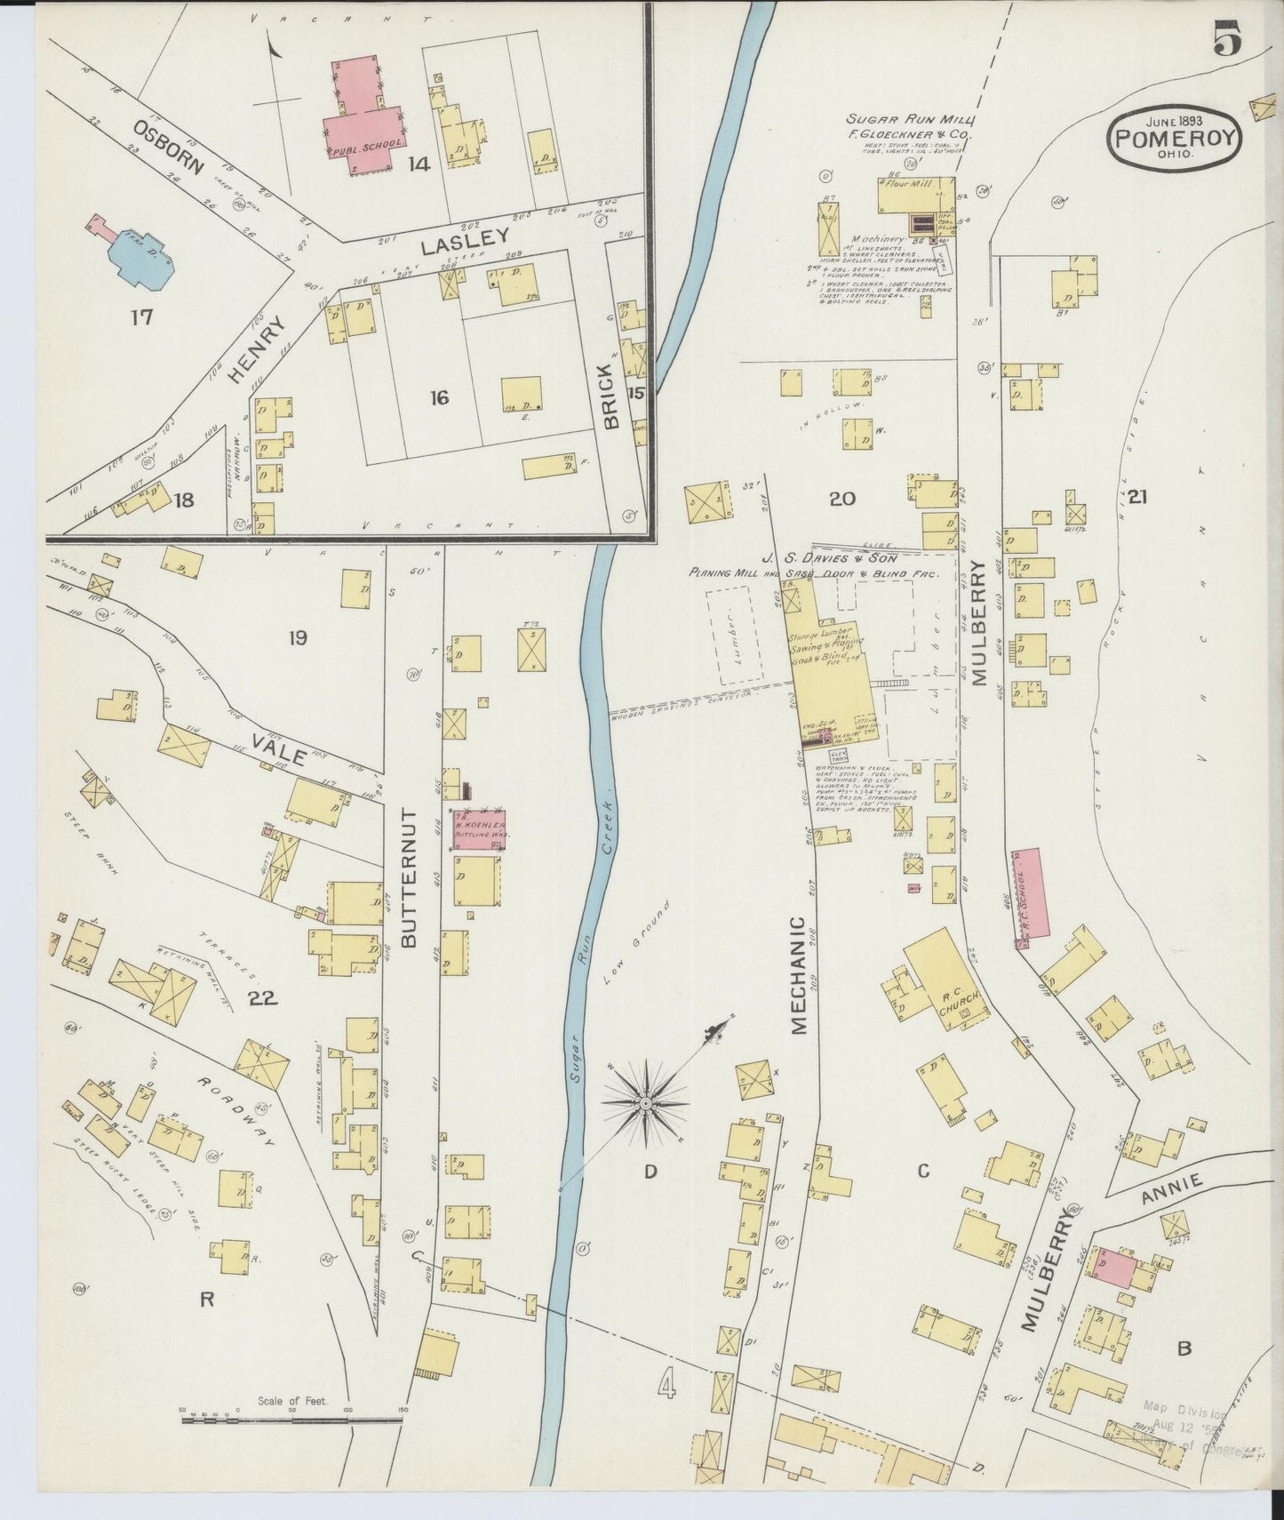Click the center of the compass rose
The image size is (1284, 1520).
[645, 1104]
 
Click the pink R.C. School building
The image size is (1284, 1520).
[1033, 892]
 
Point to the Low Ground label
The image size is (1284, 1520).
[634, 954]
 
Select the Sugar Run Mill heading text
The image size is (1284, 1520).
[910, 119]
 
